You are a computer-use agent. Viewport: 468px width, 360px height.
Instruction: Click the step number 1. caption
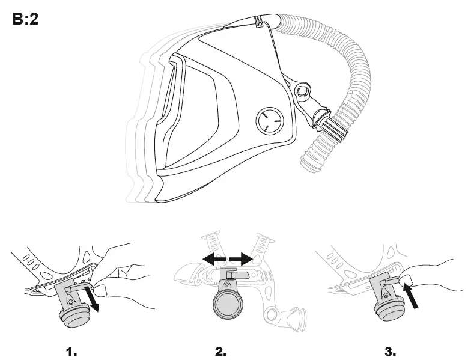(71, 351)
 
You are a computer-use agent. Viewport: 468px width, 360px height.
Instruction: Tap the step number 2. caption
(220, 351)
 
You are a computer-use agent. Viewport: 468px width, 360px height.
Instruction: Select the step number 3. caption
(389, 351)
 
